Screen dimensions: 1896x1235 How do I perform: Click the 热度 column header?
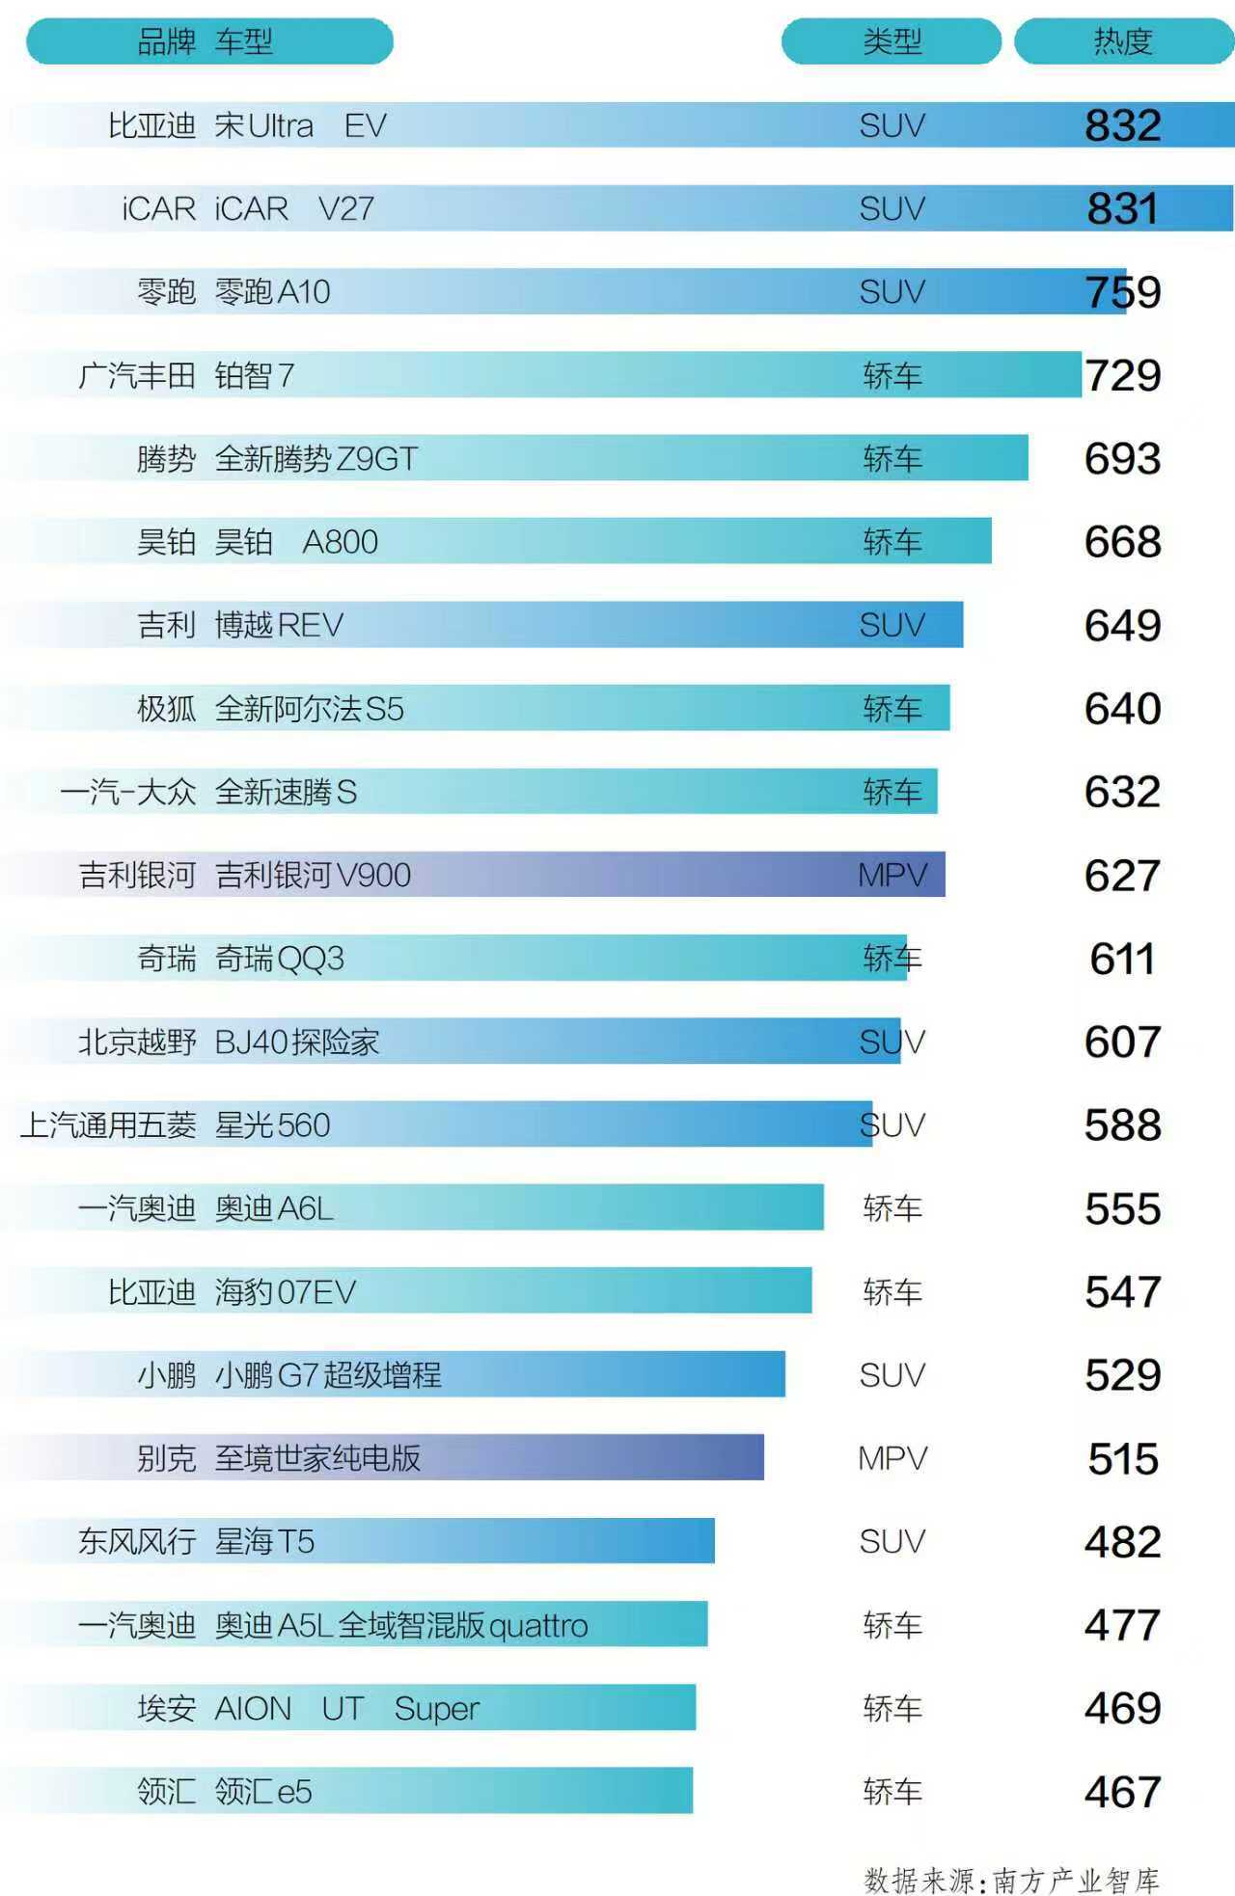pyautogui.click(x=1123, y=41)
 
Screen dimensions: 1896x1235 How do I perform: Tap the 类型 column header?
pyautogui.click(x=892, y=41)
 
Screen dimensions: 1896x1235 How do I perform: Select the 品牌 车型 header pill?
pyautogui.click(x=208, y=41)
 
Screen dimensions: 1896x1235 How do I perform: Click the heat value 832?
pyautogui.click(x=1122, y=125)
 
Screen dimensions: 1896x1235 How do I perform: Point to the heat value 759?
pyautogui.click(x=1122, y=292)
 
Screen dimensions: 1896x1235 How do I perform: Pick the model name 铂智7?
pyautogui.click(x=254, y=375)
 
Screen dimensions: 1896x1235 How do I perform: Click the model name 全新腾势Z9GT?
pyautogui.click(x=316, y=459)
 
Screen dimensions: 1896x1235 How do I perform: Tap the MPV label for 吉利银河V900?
pyautogui.click(x=892, y=876)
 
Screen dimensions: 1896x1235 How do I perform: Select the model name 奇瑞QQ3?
pyautogui.click(x=279, y=959)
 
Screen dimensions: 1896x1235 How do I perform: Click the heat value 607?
pyautogui.click(x=1122, y=1043)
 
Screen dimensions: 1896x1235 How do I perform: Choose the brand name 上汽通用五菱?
pyautogui.click(x=108, y=1125)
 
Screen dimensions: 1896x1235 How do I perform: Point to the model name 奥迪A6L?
pyautogui.click(x=274, y=1208)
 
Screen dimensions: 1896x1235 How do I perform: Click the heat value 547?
pyautogui.click(x=1122, y=1292)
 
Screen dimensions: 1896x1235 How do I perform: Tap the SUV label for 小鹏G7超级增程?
pyautogui.click(x=892, y=1375)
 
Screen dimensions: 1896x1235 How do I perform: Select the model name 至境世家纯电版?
pyautogui.click(x=317, y=1458)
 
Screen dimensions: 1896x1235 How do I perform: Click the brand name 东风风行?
pyautogui.click(x=137, y=1542)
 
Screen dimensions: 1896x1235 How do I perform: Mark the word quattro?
pyautogui.click(x=538, y=1627)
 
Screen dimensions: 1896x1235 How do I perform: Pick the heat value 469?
pyautogui.click(x=1122, y=1709)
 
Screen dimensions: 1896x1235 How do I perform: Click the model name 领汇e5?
pyautogui.click(x=263, y=1792)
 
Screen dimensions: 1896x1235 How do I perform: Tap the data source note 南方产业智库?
pyautogui.click(x=1075, y=1880)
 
